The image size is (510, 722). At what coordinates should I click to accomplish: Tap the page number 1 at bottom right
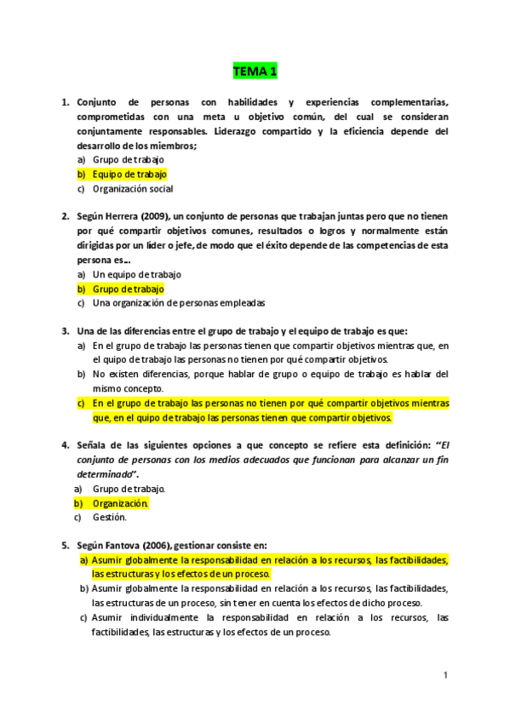tap(444, 674)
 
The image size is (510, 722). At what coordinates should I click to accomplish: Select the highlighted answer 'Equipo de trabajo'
tap(130, 174)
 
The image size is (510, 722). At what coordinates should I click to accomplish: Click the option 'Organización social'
tap(133, 188)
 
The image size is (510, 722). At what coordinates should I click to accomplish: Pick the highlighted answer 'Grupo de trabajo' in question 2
tap(129, 289)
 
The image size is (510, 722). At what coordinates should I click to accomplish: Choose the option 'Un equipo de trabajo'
tap(137, 274)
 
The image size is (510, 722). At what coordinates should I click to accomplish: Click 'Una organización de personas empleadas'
tap(179, 303)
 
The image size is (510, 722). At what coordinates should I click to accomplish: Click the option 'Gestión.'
tap(110, 517)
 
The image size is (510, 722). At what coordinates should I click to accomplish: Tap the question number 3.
tap(65, 331)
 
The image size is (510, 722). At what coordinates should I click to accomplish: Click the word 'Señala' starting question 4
tap(92, 445)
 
